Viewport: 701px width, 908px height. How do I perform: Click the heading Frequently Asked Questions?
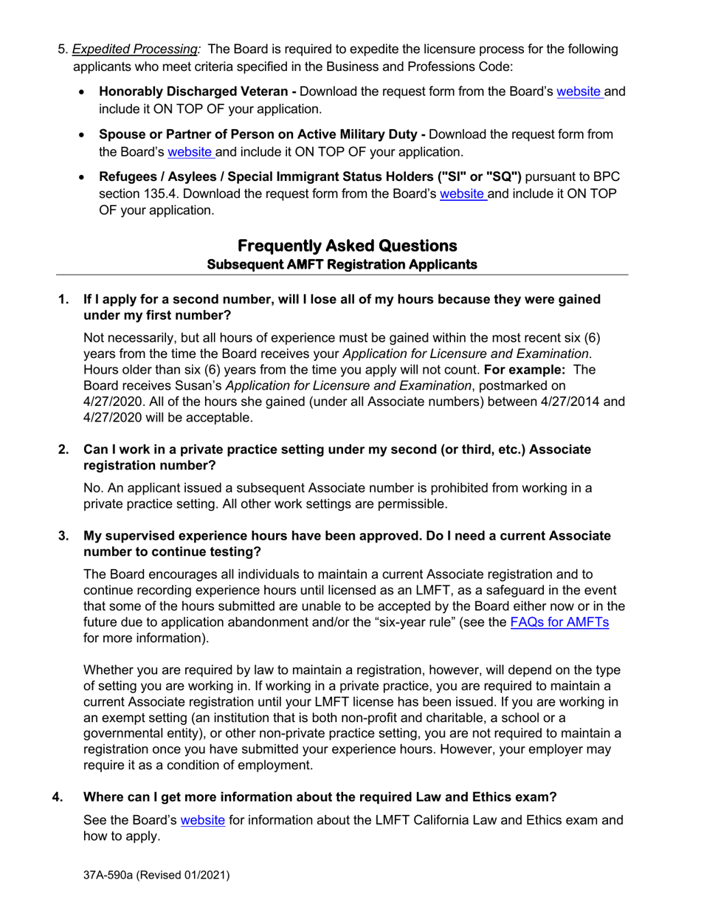pos(347,245)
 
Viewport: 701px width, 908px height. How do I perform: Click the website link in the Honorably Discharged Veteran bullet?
pos(579,92)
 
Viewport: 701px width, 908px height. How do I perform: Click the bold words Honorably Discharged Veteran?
pos(194,92)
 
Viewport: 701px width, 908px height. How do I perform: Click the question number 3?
pos(64,536)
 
